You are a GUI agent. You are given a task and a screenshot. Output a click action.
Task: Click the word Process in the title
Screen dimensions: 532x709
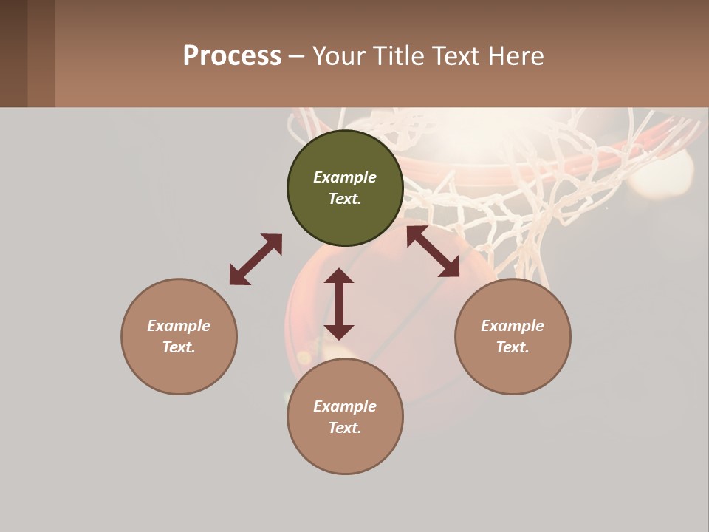click(232, 56)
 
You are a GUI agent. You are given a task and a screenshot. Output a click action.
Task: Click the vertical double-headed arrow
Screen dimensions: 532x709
click(339, 304)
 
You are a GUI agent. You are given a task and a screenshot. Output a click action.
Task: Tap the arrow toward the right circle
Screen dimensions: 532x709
click(433, 251)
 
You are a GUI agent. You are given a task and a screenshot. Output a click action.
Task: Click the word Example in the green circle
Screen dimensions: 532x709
click(345, 177)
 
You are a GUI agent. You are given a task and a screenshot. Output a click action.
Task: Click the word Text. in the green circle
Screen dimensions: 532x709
click(345, 199)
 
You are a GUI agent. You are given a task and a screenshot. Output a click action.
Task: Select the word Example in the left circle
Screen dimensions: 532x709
click(179, 326)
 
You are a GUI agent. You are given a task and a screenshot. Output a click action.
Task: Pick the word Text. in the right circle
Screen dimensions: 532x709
click(513, 347)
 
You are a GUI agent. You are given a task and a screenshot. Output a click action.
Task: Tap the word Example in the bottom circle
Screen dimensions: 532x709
click(345, 406)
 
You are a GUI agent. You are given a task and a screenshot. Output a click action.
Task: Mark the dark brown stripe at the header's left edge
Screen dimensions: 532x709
click(13, 53)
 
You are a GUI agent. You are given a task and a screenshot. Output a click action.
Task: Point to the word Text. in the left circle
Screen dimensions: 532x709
click(179, 347)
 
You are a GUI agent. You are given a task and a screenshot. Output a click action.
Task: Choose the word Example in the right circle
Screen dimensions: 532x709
click(513, 326)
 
